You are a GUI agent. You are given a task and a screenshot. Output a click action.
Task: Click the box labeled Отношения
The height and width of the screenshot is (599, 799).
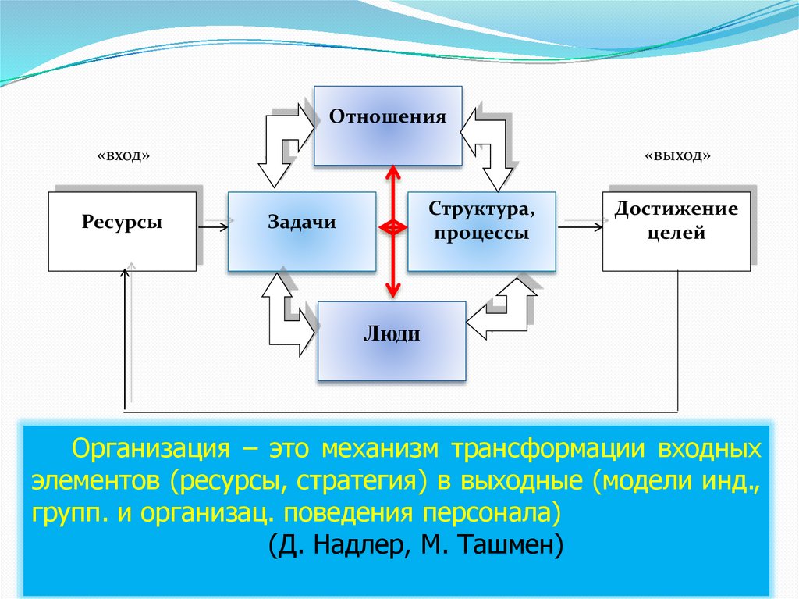pyautogui.click(x=388, y=126)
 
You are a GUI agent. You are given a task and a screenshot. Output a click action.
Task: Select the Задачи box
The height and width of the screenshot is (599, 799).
pyautogui.click(x=302, y=231)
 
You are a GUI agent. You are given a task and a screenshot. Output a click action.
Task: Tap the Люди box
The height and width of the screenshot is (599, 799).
pyautogui.click(x=392, y=341)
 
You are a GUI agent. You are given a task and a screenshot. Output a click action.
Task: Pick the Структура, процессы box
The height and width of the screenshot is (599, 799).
pyautogui.click(x=481, y=231)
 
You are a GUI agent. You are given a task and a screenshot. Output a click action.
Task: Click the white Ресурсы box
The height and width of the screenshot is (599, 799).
pyautogui.click(x=123, y=231)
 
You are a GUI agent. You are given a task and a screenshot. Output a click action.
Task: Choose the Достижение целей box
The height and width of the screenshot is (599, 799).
pyautogui.click(x=676, y=231)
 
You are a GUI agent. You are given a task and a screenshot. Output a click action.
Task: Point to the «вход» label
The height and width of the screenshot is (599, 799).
pyautogui.click(x=123, y=155)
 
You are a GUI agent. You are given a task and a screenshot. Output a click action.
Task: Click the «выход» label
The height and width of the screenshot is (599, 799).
pyautogui.click(x=677, y=155)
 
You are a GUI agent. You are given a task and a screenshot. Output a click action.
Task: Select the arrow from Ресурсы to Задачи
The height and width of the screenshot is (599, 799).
pyautogui.click(x=213, y=226)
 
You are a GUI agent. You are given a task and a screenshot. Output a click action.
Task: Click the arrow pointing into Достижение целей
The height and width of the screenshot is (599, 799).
pyautogui.click(x=581, y=226)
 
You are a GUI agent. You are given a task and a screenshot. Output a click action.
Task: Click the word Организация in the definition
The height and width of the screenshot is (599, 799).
pyautogui.click(x=151, y=448)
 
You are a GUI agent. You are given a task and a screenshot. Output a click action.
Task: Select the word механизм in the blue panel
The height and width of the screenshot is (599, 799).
pyautogui.click(x=380, y=448)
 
